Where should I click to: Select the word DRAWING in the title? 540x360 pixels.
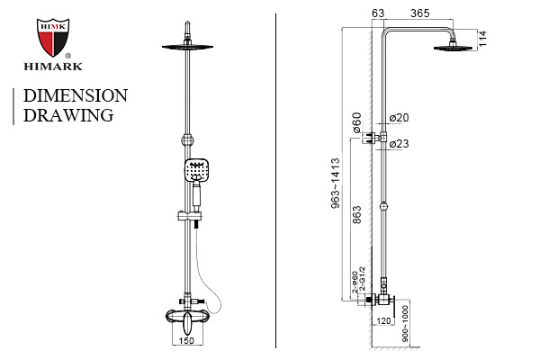[x=68, y=115]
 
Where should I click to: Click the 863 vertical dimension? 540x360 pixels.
[x=358, y=216]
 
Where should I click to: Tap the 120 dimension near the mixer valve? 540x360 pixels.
[x=384, y=321]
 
